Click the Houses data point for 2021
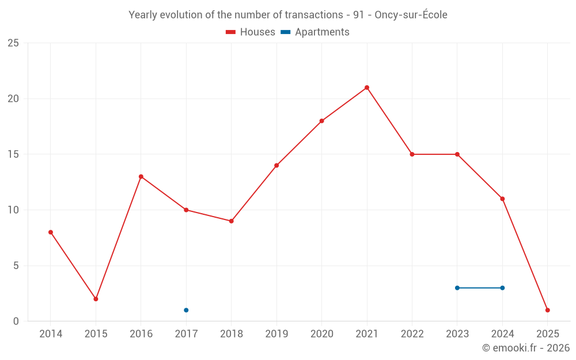(367, 88)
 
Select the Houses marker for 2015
(96, 299)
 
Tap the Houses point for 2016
(141, 177)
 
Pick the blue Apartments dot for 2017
(186, 310)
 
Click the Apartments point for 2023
(457, 288)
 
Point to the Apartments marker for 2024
(502, 288)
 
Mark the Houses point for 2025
(548, 310)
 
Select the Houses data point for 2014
(51, 232)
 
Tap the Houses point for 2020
(322, 121)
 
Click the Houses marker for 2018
(232, 221)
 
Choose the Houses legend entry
(251, 32)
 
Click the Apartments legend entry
(315, 32)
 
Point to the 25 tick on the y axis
(13, 43)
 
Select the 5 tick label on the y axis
(16, 266)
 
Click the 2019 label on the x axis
(276, 334)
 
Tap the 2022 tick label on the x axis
(412, 334)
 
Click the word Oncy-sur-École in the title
(411, 15)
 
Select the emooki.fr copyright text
(525, 348)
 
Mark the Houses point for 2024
(502, 199)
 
